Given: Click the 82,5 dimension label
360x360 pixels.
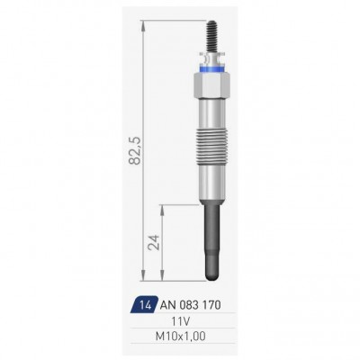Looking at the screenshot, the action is point(135,150).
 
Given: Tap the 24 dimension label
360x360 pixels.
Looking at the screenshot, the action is point(154,242).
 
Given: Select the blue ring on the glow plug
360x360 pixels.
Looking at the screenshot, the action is point(211,68).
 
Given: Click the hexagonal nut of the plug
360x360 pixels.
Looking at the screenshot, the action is point(211,85).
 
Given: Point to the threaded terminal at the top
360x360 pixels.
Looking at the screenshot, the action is point(212,36).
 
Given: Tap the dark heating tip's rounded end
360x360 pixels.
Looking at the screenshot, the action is point(211,272).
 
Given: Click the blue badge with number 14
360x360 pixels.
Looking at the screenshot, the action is point(144,305).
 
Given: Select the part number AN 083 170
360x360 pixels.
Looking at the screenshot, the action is point(191,305).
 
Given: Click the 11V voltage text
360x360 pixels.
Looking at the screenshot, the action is point(180,322).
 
